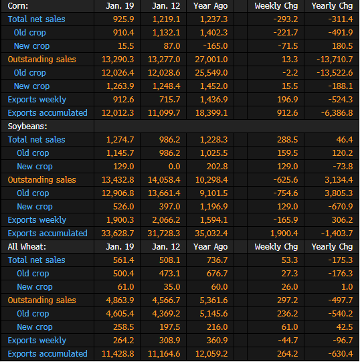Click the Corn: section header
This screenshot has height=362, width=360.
coord(18,6)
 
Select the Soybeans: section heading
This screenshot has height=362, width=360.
coord(27,126)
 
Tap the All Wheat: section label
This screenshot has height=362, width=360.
coord(27,247)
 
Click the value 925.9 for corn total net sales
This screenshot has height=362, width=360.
coord(123,19)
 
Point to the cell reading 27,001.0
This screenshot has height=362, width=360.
coord(211,60)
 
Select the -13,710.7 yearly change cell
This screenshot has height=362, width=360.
coord(335,60)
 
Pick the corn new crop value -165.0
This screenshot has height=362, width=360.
coord(215,46)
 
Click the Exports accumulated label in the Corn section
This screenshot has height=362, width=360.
coord(48,113)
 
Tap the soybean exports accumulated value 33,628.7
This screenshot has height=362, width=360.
coord(118,234)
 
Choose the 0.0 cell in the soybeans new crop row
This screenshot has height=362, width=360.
coord(175,167)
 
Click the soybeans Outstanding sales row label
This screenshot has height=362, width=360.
coord(41,180)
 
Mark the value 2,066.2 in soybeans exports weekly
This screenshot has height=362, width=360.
coord(166,220)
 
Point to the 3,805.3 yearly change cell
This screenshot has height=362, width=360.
coord(339,193)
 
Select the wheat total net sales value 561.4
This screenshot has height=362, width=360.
coord(123,260)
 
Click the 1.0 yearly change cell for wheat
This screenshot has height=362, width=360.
coord(347,287)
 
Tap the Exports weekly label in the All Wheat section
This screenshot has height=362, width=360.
coord(37,341)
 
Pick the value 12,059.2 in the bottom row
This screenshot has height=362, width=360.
coord(211,354)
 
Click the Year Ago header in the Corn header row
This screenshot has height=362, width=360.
coord(211,6)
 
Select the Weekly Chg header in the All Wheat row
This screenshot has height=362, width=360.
coord(276,247)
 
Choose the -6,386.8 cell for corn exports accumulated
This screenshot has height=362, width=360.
coord(337,113)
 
